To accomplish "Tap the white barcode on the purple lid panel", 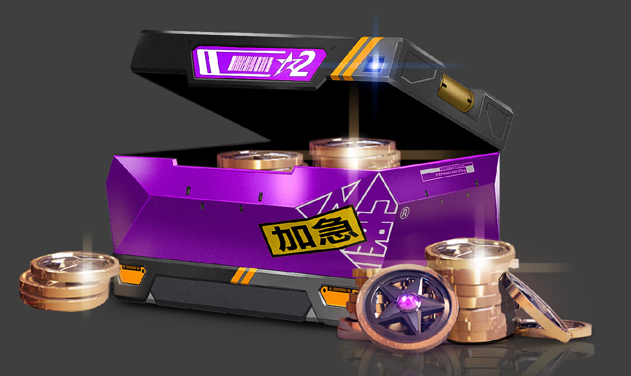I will coord(251,64).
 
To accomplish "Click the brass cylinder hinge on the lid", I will coord(457,92).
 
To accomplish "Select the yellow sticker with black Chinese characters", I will coord(312,231).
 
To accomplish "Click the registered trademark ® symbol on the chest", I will coord(404,213).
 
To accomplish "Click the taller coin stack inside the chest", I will coord(354,152).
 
